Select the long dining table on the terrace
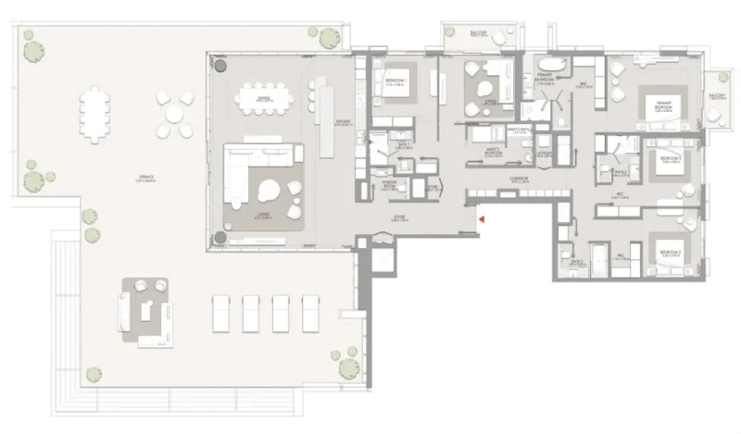coord(94,117)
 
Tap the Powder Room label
coord(391,184)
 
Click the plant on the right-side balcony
coord(714,115)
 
